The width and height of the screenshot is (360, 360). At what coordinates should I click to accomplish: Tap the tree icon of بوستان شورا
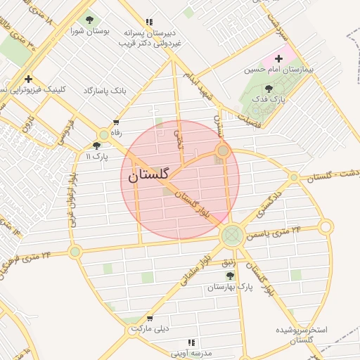pos(89,20)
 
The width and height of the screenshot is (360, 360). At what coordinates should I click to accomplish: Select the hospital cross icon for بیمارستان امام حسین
pos(279,58)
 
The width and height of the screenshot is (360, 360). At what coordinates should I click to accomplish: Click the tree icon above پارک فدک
pos(269,89)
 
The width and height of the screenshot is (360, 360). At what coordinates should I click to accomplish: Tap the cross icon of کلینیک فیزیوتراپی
pos(28,79)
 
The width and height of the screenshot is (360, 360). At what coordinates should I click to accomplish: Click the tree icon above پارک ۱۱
pos(96,145)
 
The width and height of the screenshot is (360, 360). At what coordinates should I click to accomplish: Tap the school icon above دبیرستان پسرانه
pos(148,22)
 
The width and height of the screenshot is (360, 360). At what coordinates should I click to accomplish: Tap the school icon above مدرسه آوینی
pos(191,342)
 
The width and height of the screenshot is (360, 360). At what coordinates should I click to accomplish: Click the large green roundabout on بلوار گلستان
pos(231,235)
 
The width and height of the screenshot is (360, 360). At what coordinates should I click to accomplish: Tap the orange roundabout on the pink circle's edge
pos(223,150)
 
